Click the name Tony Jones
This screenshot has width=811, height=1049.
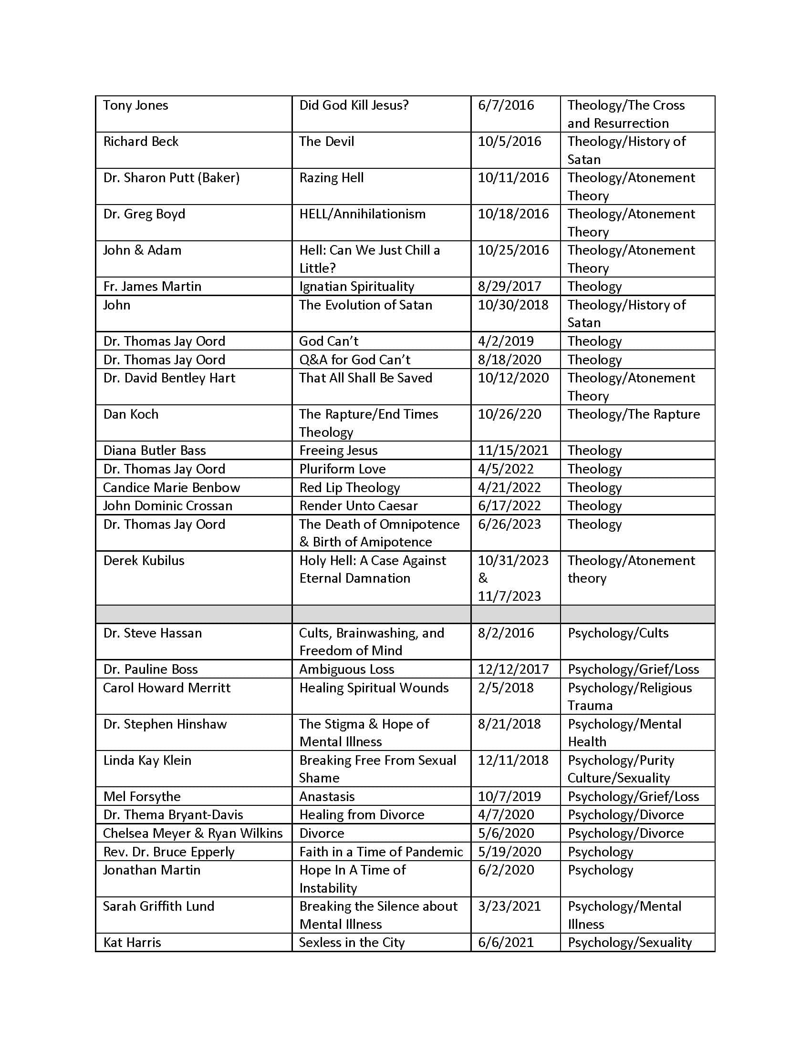[x=135, y=105]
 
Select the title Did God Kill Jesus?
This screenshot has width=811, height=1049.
[x=354, y=105]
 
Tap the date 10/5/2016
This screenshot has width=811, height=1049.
[x=509, y=141]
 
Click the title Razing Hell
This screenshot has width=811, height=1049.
[x=331, y=178]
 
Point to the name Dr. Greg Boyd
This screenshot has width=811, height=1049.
[x=144, y=214]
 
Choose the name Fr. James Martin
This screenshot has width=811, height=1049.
[x=152, y=286]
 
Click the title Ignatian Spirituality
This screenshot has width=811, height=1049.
[x=356, y=286]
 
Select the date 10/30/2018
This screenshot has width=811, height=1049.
[x=513, y=305]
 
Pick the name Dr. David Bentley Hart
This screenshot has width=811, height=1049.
[x=169, y=378]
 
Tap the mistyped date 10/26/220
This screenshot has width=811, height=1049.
[x=509, y=414]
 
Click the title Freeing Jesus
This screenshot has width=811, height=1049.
[x=338, y=450]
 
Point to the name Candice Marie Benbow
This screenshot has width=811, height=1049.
[x=171, y=487]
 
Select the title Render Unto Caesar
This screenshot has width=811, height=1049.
[x=358, y=505]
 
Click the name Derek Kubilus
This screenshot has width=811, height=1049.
[x=144, y=560]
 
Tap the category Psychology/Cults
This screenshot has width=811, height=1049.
[x=618, y=633]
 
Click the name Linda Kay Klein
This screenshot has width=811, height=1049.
[x=147, y=760]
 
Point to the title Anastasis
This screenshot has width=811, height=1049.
[x=327, y=796]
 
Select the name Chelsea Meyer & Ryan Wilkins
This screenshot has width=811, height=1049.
[x=193, y=833]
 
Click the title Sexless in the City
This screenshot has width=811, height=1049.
[x=352, y=942]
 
